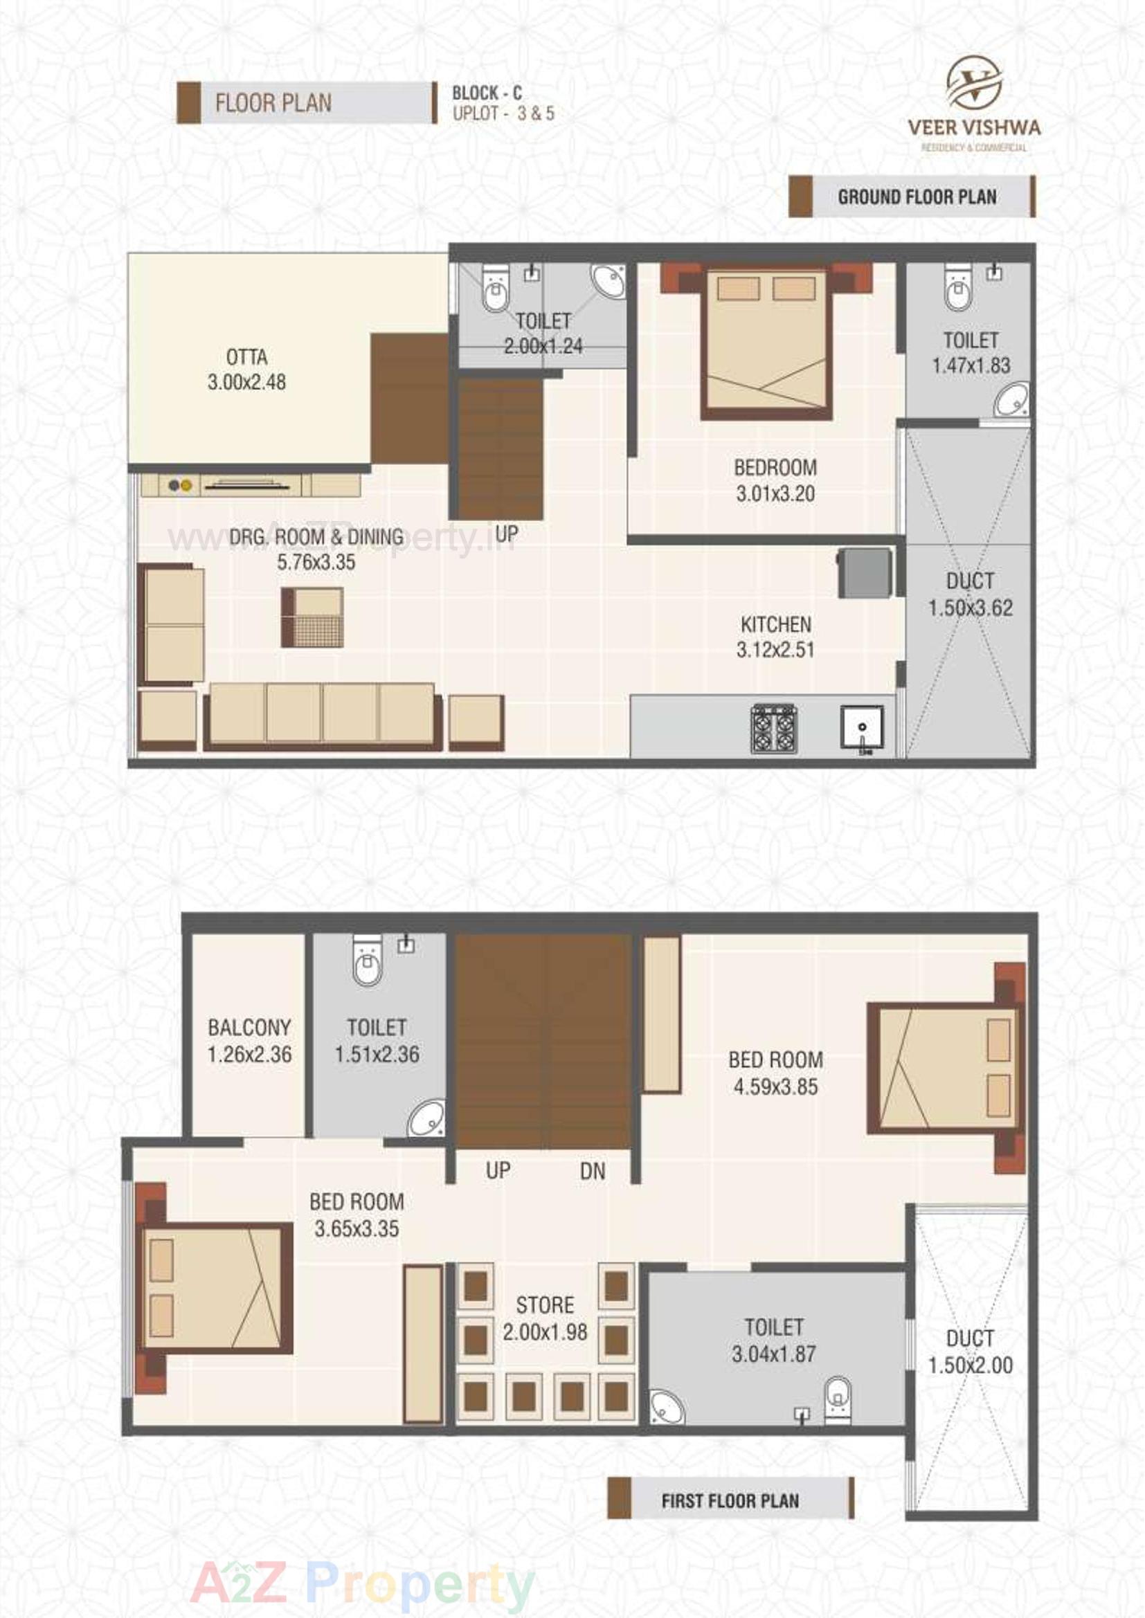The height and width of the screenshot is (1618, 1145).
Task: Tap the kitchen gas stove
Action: tap(773, 728)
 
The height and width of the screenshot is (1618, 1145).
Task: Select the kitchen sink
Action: tap(862, 727)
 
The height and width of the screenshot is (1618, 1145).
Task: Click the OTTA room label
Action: tap(246, 370)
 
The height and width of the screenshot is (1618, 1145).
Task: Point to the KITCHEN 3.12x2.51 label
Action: tap(775, 637)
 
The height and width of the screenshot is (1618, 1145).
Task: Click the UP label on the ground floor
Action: tap(506, 534)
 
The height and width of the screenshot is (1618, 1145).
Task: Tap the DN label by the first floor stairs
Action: tap(593, 1171)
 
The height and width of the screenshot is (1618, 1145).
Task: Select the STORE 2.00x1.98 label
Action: tap(544, 1318)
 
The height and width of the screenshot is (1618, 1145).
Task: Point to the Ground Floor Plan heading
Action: tap(917, 197)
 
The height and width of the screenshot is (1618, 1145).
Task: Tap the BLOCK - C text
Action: tap(487, 92)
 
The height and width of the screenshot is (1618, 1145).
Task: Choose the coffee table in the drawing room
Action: tap(312, 617)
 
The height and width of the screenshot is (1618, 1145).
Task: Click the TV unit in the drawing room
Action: tap(251, 485)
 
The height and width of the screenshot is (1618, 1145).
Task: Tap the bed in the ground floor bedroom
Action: tap(765, 343)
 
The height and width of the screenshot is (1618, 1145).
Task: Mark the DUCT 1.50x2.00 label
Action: tap(970, 1352)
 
